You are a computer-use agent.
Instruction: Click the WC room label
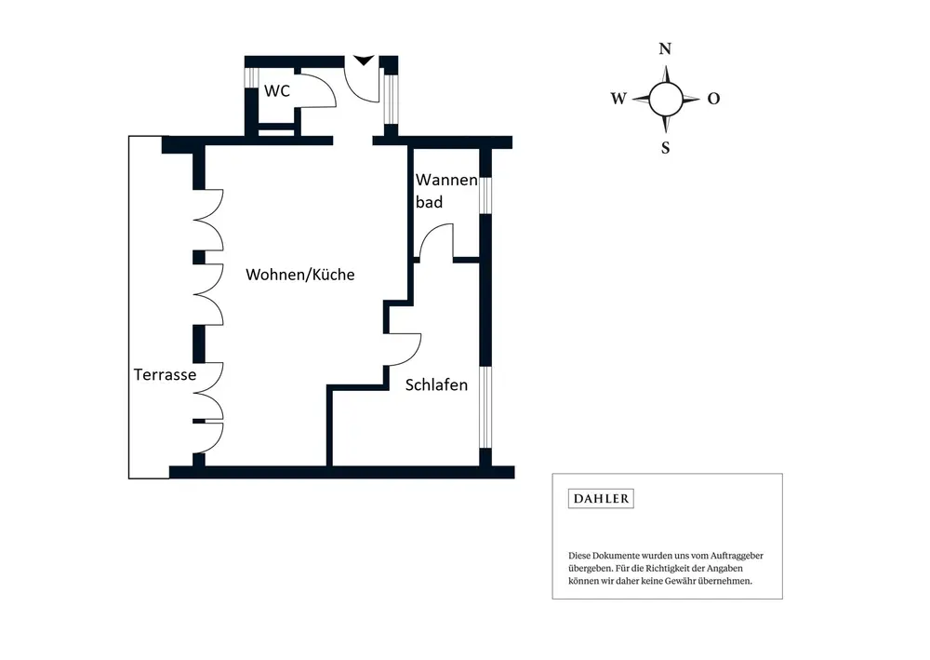click(x=277, y=91)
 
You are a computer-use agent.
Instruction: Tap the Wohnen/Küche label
click(x=300, y=275)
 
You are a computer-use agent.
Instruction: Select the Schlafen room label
click(x=436, y=384)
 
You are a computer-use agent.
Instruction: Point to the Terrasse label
click(x=165, y=374)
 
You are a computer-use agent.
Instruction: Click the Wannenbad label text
click(x=445, y=190)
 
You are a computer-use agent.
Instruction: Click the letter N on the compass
click(x=665, y=49)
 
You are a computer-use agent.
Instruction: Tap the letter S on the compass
click(x=665, y=147)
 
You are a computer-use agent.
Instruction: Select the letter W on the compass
click(x=618, y=99)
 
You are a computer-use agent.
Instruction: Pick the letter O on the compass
click(x=713, y=99)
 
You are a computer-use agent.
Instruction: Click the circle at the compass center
click(x=665, y=98)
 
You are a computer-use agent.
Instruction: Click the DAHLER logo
click(x=601, y=499)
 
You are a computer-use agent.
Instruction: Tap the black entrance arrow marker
click(x=363, y=60)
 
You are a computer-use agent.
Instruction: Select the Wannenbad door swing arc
click(x=435, y=240)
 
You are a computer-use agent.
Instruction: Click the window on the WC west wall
click(x=249, y=77)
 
